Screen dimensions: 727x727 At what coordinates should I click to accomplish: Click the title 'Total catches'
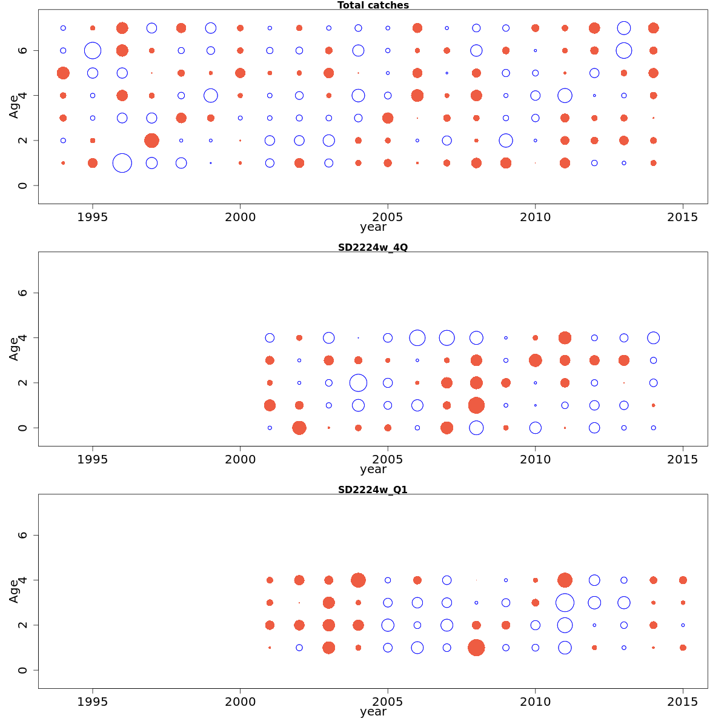(x=373, y=5)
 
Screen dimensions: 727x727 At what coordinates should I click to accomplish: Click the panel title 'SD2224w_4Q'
(x=373, y=247)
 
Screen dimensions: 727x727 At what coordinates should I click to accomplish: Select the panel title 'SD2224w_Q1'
(x=373, y=490)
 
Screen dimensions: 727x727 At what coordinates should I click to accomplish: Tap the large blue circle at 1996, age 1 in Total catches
(x=122, y=163)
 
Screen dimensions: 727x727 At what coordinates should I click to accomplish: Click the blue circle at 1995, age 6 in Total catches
(x=93, y=50)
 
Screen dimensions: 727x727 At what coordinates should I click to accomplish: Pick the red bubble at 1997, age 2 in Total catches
(x=151, y=141)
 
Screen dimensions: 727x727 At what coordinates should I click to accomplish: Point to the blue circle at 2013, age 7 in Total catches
(x=624, y=28)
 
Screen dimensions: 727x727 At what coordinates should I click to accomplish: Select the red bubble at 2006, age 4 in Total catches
(x=417, y=95)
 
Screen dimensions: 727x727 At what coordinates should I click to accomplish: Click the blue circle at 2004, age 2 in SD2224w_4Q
(x=358, y=383)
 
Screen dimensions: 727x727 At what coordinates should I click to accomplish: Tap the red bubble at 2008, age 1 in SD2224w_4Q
(x=476, y=405)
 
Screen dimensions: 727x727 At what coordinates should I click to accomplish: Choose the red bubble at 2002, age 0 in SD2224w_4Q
(x=299, y=428)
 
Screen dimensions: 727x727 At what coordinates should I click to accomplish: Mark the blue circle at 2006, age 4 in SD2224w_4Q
(x=417, y=338)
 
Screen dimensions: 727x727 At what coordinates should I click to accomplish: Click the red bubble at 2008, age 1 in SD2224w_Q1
(x=476, y=648)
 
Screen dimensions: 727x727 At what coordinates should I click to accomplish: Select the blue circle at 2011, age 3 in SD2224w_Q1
(x=565, y=603)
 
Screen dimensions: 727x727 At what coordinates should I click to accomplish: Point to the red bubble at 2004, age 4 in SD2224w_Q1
(x=358, y=580)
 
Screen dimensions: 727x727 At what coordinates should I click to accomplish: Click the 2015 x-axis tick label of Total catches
(x=683, y=217)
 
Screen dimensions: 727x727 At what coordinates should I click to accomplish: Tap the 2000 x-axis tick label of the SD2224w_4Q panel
(x=240, y=459)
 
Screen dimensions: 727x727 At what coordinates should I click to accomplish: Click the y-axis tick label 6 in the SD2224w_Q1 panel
(x=22, y=535)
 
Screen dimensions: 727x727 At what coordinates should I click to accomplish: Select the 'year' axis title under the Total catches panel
(x=373, y=228)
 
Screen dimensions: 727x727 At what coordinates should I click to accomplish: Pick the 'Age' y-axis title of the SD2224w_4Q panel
(x=13, y=349)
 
